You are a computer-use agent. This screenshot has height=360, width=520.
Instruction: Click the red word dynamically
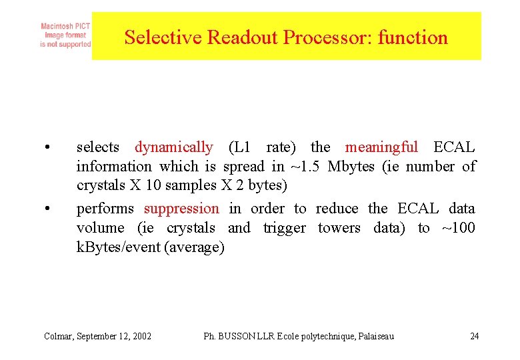point(174,147)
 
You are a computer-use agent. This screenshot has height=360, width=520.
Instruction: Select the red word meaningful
point(381,147)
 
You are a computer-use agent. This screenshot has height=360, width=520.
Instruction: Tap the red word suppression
point(181,209)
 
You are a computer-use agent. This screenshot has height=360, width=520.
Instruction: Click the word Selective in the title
point(163,37)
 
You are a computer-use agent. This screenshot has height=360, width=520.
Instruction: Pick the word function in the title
point(413,37)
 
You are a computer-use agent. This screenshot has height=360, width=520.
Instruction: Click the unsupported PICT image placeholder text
point(65,35)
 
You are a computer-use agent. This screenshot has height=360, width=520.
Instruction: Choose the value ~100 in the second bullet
point(458,228)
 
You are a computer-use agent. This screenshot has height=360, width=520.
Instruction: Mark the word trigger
point(285,228)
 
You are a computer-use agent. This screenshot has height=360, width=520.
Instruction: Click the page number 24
point(474,336)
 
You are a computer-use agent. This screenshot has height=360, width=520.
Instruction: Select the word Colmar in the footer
point(59,336)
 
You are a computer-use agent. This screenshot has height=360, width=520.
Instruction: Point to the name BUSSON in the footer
point(236,336)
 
